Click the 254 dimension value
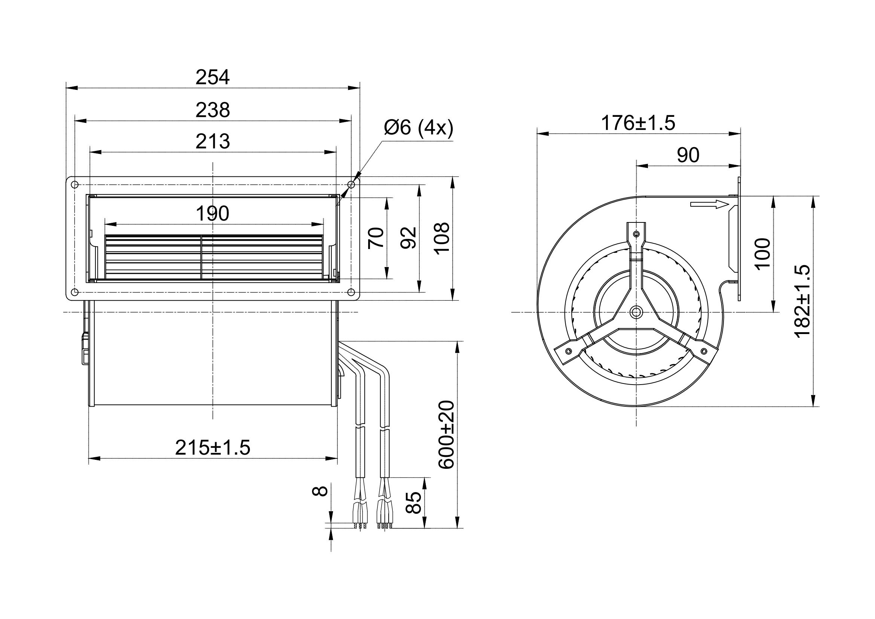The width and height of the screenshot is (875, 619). tap(212, 78)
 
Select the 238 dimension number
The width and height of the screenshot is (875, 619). tap(212, 110)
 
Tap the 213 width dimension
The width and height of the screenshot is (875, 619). tap(212, 142)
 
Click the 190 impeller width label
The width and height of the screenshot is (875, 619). tap(212, 213)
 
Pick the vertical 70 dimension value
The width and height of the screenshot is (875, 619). tap(376, 238)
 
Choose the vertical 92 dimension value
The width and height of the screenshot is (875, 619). tap(409, 238)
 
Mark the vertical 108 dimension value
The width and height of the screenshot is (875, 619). tap(442, 238)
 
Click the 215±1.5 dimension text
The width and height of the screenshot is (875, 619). tap(212, 448)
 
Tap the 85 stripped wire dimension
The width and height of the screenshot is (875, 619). tap(414, 503)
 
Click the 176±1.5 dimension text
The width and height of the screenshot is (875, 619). tap(638, 123)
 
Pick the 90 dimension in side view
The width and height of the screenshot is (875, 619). tap(688, 155)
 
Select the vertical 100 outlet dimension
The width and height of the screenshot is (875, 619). tap(762, 254)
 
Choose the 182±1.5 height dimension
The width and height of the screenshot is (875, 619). tap(802, 301)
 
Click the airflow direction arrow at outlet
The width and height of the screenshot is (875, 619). tap(709, 205)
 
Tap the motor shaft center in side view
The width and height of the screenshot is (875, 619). tap(636, 312)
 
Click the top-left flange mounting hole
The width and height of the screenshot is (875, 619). tap(75, 185)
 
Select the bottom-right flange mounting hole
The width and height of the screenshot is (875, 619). tap(351, 292)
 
